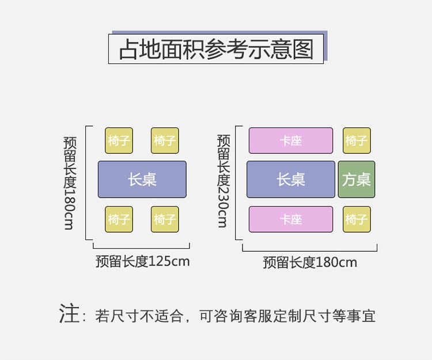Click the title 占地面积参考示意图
pyautogui.click(x=216, y=49)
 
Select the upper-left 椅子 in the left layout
pyautogui.click(x=119, y=141)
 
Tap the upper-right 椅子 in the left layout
pyautogui.click(x=165, y=141)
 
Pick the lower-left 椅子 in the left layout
pyautogui.click(x=119, y=219)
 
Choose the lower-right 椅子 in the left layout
pyautogui.click(x=165, y=219)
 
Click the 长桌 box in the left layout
pyautogui.click(x=142, y=179)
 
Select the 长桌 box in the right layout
pyautogui.click(x=290, y=179)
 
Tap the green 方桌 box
pyautogui.click(x=356, y=179)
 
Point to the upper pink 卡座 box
pyautogui.click(x=290, y=141)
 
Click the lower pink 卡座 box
pyautogui.click(x=290, y=219)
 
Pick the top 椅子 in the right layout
pyautogui.click(x=356, y=141)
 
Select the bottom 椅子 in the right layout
pyautogui.click(x=356, y=219)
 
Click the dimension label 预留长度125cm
pyautogui.click(x=142, y=262)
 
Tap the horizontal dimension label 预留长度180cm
pyautogui.click(x=310, y=263)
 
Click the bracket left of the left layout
pyautogui.click(x=87, y=182)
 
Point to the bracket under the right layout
pyautogui.click(x=310, y=249)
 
